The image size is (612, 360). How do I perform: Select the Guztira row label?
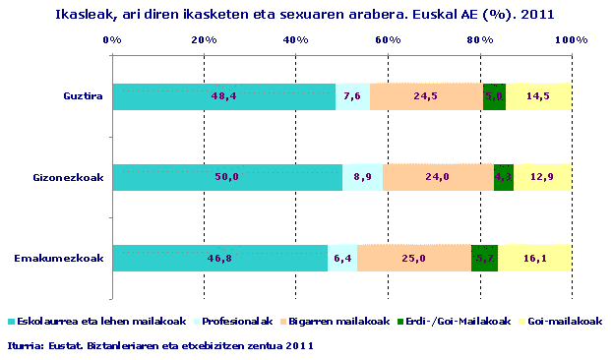point(84,96)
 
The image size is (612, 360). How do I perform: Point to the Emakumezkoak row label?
point(60,258)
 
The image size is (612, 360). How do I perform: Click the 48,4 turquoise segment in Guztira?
point(224,96)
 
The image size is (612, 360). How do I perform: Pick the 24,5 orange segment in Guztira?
point(426,96)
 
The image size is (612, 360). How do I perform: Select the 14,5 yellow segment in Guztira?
point(538,96)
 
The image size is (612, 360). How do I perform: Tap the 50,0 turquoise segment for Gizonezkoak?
point(227,177)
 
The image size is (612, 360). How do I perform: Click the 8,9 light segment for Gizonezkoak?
point(362,177)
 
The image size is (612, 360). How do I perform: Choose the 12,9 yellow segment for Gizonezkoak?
point(542,177)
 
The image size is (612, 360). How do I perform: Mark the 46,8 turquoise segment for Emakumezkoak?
point(220,258)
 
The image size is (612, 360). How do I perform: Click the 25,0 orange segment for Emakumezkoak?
point(414,258)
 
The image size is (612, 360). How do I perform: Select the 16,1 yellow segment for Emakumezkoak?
point(534,258)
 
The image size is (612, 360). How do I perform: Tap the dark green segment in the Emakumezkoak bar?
point(484,258)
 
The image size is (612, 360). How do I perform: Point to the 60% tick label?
point(388,39)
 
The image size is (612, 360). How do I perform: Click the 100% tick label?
point(571,39)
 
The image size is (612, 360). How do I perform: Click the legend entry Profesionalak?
point(234,322)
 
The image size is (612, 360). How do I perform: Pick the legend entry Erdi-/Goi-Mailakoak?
point(457,322)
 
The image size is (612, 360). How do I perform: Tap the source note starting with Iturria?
point(161,345)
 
